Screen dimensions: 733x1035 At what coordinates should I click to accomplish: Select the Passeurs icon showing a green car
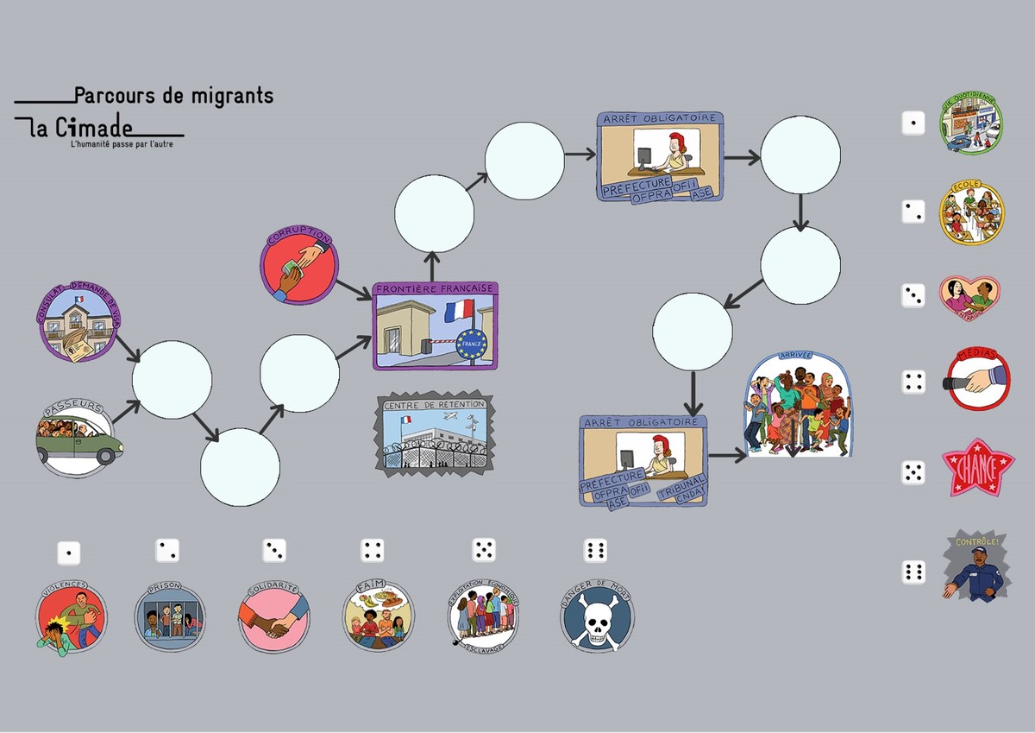[78, 438]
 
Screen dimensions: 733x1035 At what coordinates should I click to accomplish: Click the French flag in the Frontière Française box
[458, 310]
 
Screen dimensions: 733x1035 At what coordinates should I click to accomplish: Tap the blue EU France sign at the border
[472, 343]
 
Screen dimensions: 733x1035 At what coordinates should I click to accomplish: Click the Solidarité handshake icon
[273, 617]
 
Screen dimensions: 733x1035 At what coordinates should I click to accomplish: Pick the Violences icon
[71, 617]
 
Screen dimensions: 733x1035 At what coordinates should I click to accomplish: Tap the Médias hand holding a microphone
[975, 376]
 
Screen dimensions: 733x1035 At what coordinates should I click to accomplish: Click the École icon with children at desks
[972, 212]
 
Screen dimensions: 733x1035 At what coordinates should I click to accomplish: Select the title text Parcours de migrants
[173, 95]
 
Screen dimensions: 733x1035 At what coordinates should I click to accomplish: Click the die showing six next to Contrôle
[913, 572]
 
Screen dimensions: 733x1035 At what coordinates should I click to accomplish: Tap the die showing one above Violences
[69, 553]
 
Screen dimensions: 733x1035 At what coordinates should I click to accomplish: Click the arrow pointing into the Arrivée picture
[726, 455]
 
